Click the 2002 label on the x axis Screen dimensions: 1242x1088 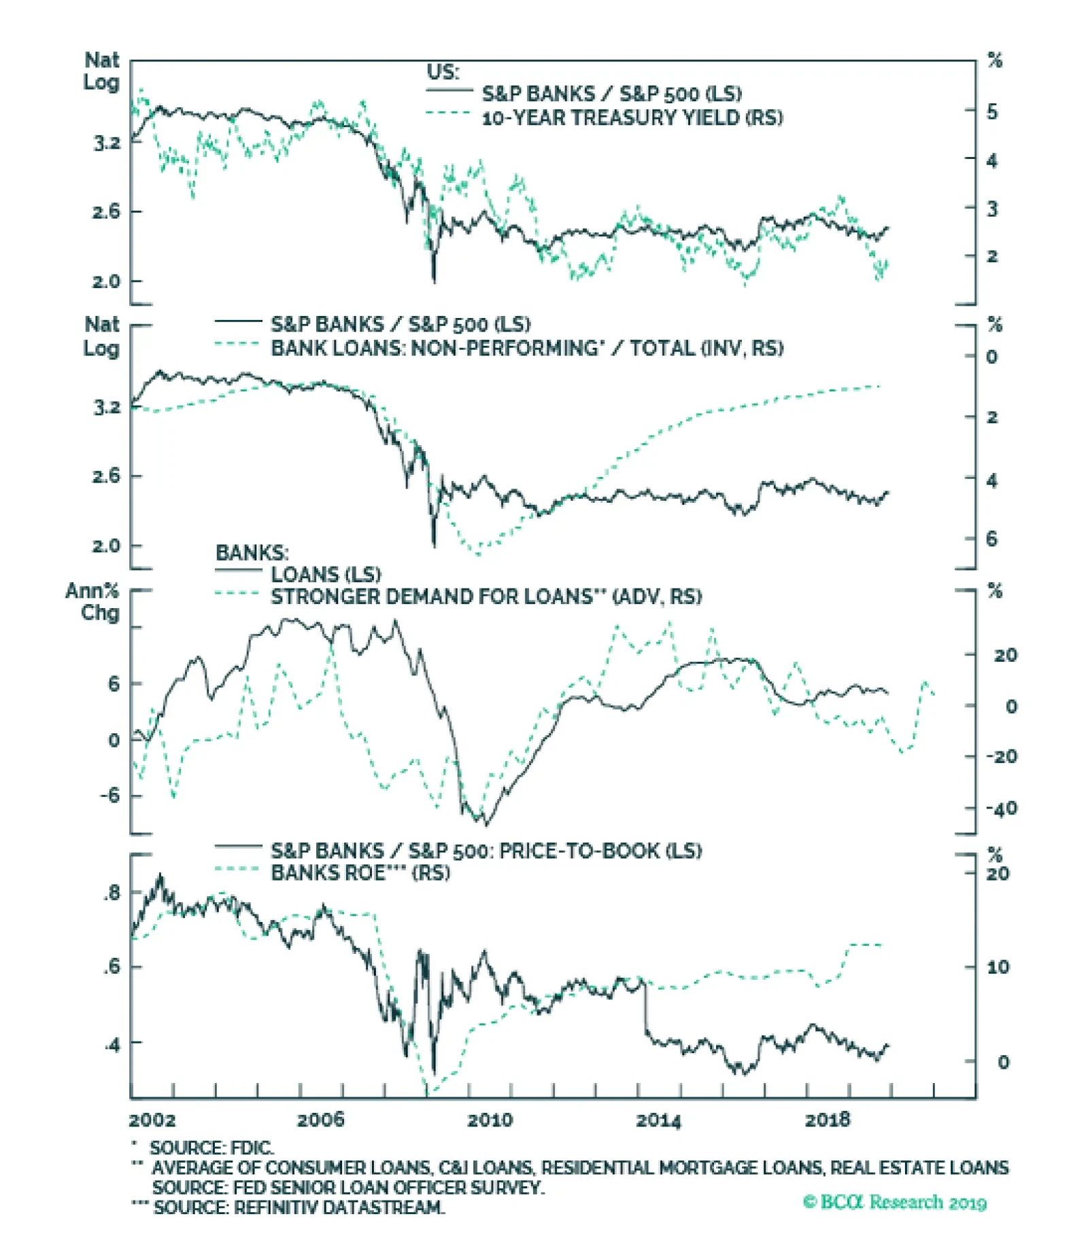tap(152, 1119)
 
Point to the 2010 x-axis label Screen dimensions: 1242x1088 tap(490, 1119)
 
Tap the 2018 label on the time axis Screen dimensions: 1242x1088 tap(827, 1119)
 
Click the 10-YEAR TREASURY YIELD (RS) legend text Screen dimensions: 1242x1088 tap(632, 118)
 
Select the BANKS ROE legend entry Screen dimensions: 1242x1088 tap(360, 872)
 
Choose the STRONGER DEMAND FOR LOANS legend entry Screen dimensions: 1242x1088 tap(486, 597)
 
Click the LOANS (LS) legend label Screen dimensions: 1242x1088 tap(326, 575)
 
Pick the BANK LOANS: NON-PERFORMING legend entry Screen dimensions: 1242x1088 tap(526, 349)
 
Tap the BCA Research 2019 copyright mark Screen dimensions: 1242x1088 tap(894, 1202)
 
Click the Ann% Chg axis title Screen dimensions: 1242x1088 tap(93, 601)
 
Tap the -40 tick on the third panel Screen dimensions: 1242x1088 tap(1002, 809)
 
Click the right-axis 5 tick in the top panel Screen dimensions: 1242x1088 tap(993, 111)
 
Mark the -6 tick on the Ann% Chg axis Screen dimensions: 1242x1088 tap(109, 795)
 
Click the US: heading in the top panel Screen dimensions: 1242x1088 tap(443, 71)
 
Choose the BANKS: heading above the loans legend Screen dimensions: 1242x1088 tap(252, 552)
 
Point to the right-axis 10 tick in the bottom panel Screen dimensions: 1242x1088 tap(998, 966)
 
